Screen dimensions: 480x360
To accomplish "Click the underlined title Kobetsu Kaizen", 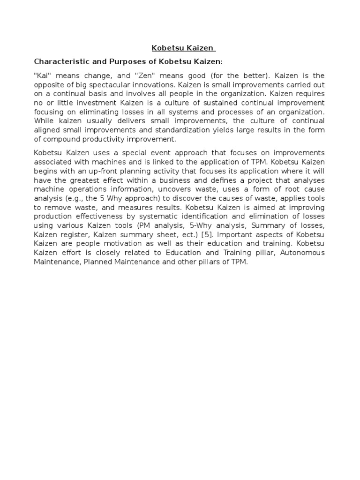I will [183, 48].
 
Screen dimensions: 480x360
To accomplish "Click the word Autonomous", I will [303, 254].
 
